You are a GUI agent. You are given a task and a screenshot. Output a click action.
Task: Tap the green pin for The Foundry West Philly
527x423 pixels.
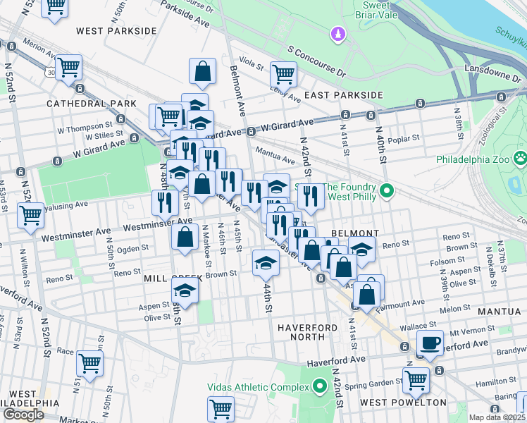[386, 190]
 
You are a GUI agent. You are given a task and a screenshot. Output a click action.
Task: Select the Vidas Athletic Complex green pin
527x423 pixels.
[320, 386]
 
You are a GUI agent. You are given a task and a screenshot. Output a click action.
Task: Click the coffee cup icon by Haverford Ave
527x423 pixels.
[430, 343]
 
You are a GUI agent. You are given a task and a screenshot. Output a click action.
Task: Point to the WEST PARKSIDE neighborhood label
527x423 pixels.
[116, 31]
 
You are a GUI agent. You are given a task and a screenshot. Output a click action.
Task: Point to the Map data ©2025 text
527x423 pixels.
[497, 417]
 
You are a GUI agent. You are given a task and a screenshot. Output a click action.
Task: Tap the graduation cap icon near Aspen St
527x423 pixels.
[184, 290]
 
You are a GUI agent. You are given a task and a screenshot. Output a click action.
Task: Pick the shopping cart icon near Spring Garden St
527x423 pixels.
[416, 379]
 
